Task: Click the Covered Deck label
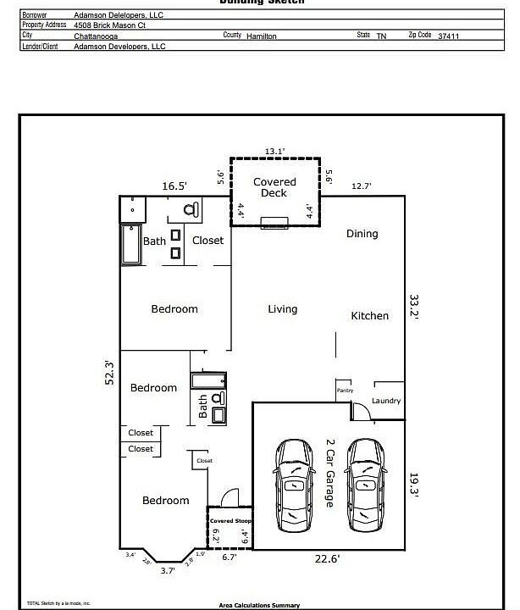click(x=275, y=187)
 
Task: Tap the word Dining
click(x=362, y=234)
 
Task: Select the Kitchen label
click(x=370, y=316)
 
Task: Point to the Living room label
click(x=283, y=309)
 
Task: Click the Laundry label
click(x=386, y=401)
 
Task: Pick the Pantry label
click(x=345, y=391)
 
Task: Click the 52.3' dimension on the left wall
click(x=109, y=374)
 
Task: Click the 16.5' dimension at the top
click(x=174, y=186)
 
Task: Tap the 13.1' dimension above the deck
click(x=274, y=151)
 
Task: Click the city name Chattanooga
click(x=97, y=36)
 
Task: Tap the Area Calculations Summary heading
click(x=259, y=605)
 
